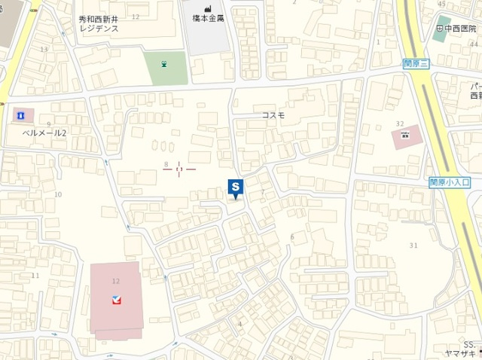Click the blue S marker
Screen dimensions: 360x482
pyautogui.click(x=236, y=187)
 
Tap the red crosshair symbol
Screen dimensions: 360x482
pyautogui.click(x=179, y=169)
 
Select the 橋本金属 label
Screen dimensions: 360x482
pyautogui.click(x=209, y=17)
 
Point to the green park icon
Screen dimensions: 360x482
pyautogui.click(x=164, y=65)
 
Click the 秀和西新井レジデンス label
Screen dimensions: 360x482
pyautogui.click(x=99, y=23)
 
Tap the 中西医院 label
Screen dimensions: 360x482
pyautogui.click(x=461, y=29)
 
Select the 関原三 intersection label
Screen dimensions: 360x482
pyautogui.click(x=415, y=66)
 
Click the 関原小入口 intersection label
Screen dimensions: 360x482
pyautogui.click(x=450, y=182)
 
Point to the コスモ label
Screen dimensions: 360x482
pyautogui.click(x=273, y=115)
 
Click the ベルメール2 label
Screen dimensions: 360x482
pyautogui.click(x=43, y=133)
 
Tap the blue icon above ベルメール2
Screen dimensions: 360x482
pyautogui.click(x=21, y=115)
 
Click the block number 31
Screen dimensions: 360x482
pyautogui.click(x=413, y=246)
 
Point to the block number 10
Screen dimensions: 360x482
pyautogui.click(x=58, y=194)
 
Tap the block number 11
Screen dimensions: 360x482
pyautogui.click(x=35, y=276)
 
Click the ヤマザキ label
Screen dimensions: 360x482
pyautogui.click(x=460, y=354)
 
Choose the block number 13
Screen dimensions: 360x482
pyautogui.click(x=44, y=50)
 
